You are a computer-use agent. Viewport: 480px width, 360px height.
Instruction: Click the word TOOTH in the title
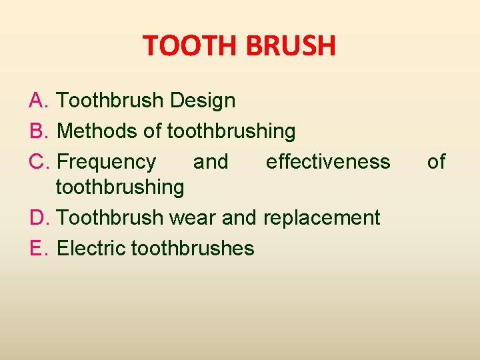(x=191, y=46)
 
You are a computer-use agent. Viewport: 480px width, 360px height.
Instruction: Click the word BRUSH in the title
(x=290, y=46)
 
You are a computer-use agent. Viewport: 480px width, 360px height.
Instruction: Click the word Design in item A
(x=203, y=101)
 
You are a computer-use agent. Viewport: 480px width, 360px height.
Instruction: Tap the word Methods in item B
(x=98, y=131)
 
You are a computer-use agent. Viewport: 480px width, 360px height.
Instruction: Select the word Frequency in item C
(x=107, y=162)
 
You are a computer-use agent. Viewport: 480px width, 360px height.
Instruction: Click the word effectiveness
(x=328, y=162)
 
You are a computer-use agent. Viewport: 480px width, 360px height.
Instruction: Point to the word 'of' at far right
(x=436, y=162)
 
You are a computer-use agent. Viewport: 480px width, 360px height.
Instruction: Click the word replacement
(x=322, y=217)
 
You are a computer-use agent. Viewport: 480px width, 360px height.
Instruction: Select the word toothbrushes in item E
(x=193, y=248)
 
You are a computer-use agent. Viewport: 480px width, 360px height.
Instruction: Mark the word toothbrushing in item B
(x=231, y=131)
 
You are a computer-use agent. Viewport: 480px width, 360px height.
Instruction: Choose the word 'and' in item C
(x=210, y=162)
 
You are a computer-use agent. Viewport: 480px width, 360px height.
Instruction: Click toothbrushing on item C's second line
(x=120, y=187)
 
